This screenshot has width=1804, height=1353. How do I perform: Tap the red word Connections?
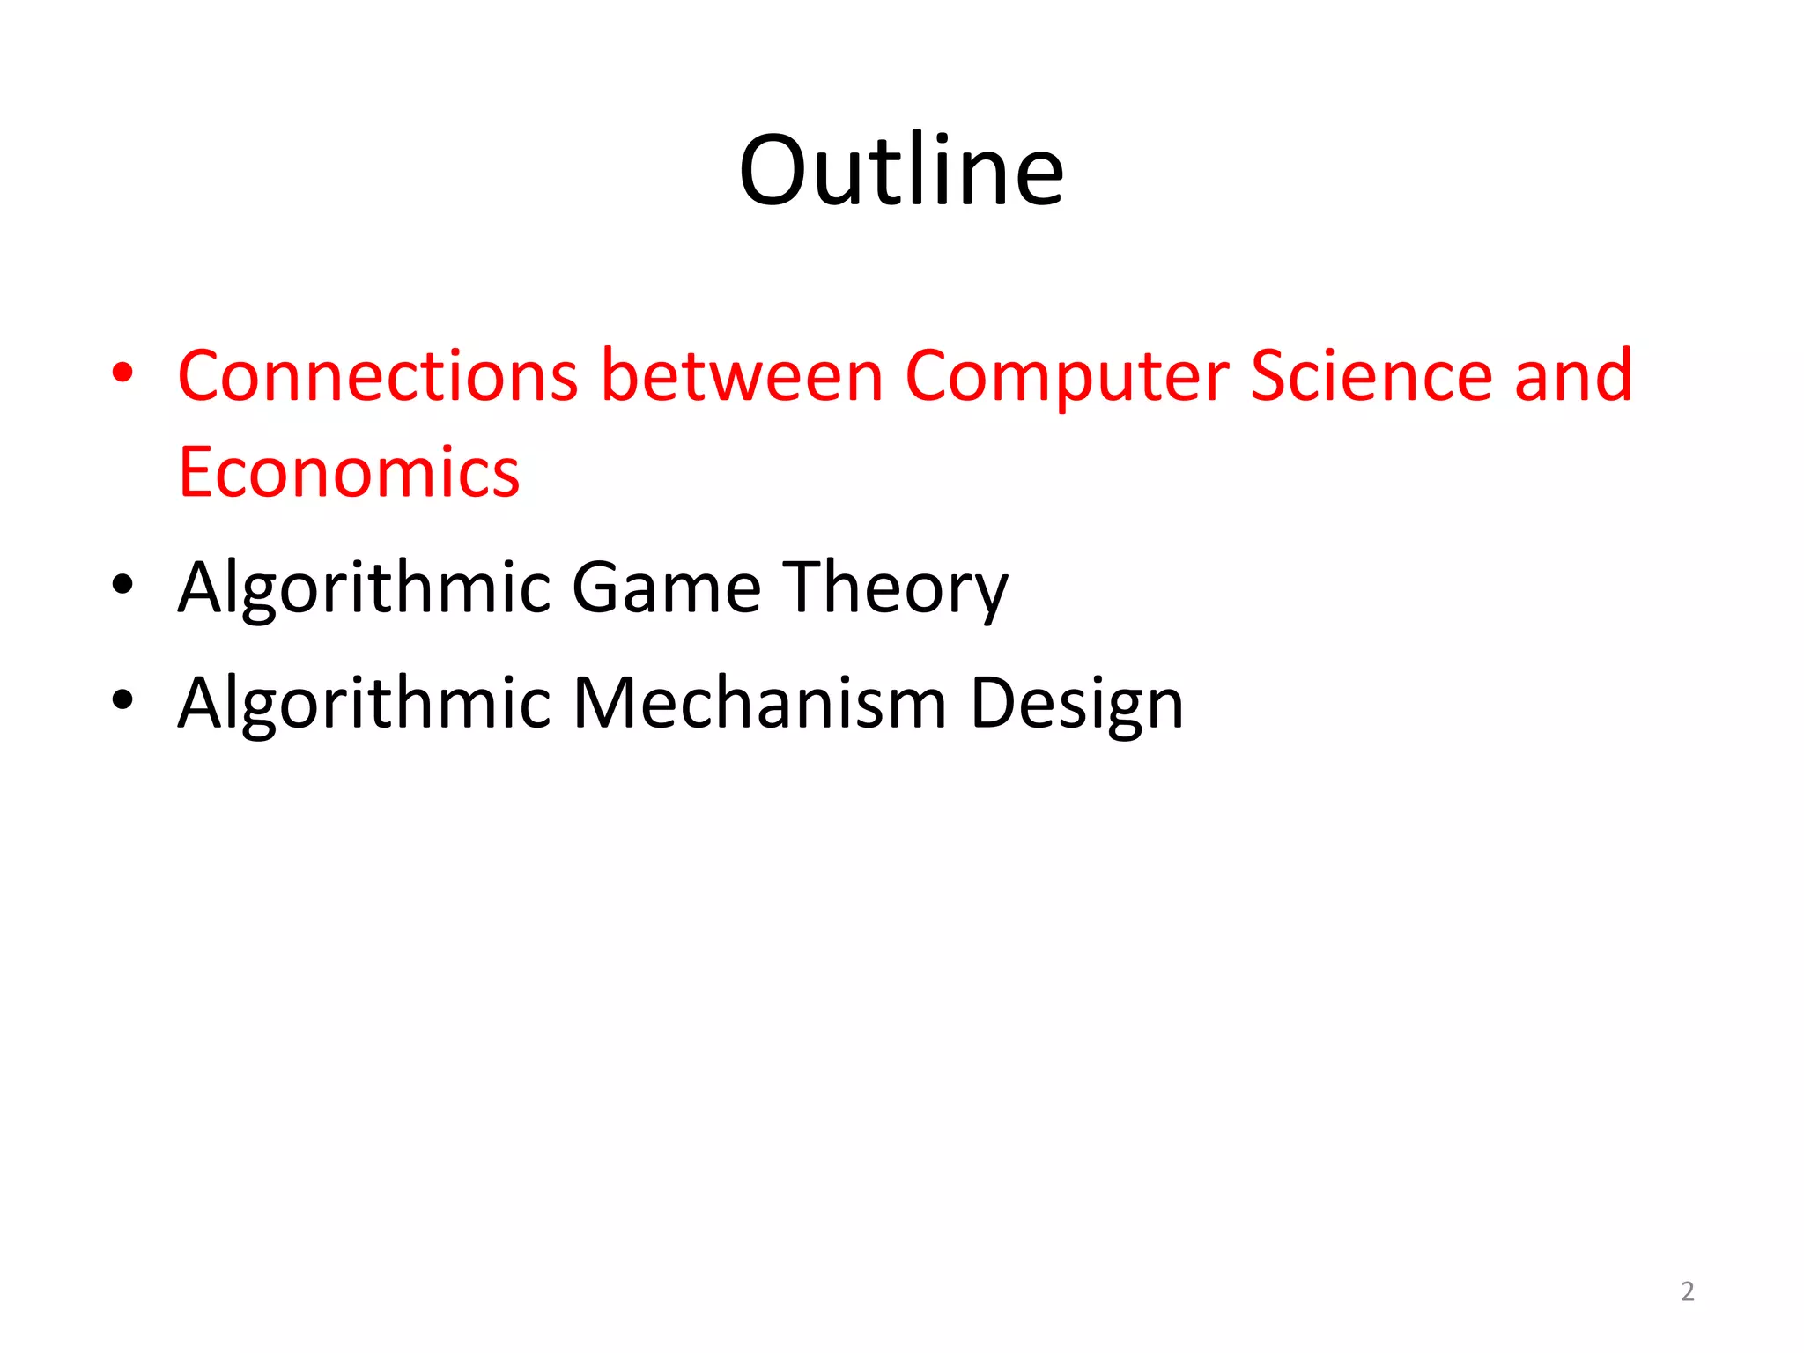click(x=378, y=376)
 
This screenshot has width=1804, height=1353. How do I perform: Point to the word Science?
click(x=1371, y=376)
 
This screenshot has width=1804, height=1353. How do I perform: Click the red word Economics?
click(x=349, y=472)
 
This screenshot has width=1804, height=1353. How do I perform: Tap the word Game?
click(x=667, y=588)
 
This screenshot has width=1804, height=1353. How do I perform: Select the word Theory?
click(x=896, y=588)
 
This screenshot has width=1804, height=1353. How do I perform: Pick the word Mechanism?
click(x=759, y=703)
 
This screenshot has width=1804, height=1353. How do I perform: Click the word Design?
click(x=1076, y=703)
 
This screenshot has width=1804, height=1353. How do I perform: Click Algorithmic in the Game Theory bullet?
click(x=364, y=588)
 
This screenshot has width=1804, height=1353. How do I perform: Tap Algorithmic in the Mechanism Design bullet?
click(x=364, y=703)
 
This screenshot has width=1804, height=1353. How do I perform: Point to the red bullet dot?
click(x=123, y=373)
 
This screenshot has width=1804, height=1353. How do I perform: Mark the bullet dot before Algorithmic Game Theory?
click(x=123, y=584)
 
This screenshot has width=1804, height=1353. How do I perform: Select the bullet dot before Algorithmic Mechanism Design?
click(x=123, y=699)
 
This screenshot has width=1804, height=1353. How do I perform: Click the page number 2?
click(x=1687, y=1291)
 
